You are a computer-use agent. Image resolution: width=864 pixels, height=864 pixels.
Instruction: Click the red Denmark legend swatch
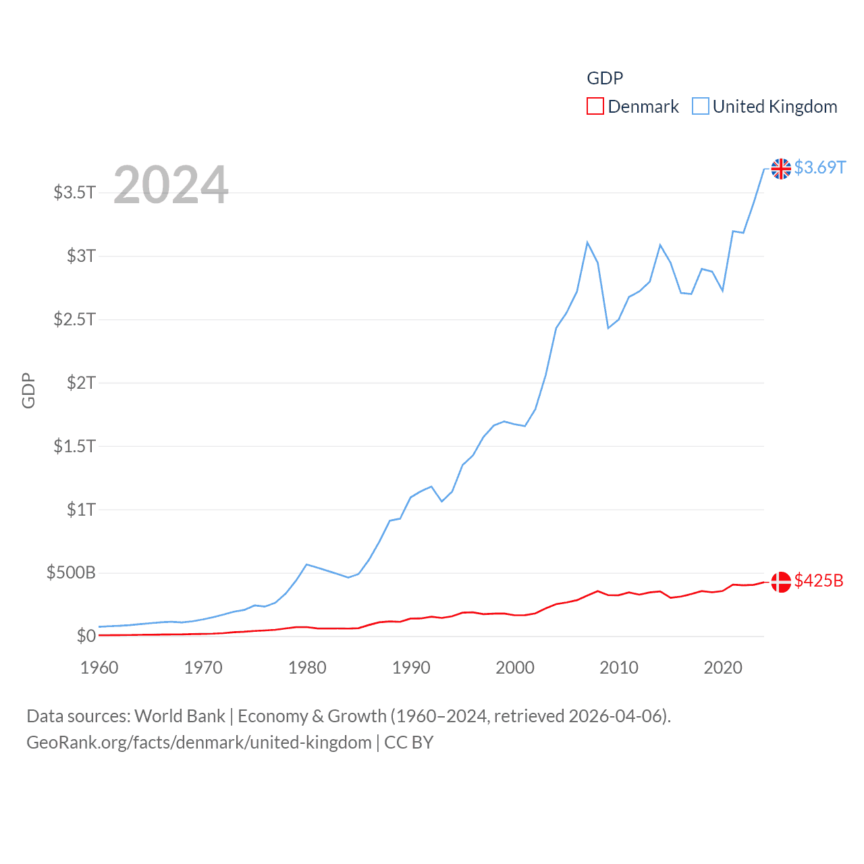pyautogui.click(x=595, y=107)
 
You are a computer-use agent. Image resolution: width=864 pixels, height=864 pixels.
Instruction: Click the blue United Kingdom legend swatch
pyautogui.click(x=701, y=107)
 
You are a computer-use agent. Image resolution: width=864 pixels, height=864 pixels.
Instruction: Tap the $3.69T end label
pyautogui.click(x=819, y=167)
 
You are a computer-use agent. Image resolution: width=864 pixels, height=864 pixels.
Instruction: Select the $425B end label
pyautogui.click(x=819, y=580)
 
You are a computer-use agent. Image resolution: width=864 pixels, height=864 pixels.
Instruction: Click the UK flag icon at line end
pyautogui.click(x=781, y=169)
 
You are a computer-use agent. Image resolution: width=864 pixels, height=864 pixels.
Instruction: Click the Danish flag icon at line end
pyautogui.click(x=781, y=582)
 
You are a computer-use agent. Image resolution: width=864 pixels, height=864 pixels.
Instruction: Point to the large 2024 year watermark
pyautogui.click(x=171, y=185)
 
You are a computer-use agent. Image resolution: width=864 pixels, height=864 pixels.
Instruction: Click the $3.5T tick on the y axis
pyautogui.click(x=74, y=192)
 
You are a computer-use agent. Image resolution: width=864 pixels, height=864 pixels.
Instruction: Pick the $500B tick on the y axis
pyautogui.click(x=71, y=573)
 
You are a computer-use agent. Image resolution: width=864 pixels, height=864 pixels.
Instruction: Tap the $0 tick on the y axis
pyautogui.click(x=86, y=636)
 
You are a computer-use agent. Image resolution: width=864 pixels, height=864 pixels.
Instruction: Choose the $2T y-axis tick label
pyautogui.click(x=81, y=383)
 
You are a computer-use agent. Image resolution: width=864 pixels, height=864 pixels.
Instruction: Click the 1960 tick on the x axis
pyautogui.click(x=99, y=668)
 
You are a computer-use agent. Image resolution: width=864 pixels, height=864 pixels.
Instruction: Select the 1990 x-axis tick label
pyautogui.click(x=411, y=668)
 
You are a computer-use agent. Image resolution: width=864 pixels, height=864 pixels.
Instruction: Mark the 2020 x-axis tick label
pyautogui.click(x=723, y=668)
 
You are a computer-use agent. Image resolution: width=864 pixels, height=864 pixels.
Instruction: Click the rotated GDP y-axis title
pyautogui.click(x=28, y=390)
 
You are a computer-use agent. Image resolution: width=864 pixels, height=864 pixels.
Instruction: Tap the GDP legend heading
pyautogui.click(x=605, y=78)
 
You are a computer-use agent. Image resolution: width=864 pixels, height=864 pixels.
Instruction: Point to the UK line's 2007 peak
pyautogui.click(x=587, y=242)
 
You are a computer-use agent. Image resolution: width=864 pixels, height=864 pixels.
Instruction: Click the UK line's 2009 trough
pyautogui.click(x=608, y=328)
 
